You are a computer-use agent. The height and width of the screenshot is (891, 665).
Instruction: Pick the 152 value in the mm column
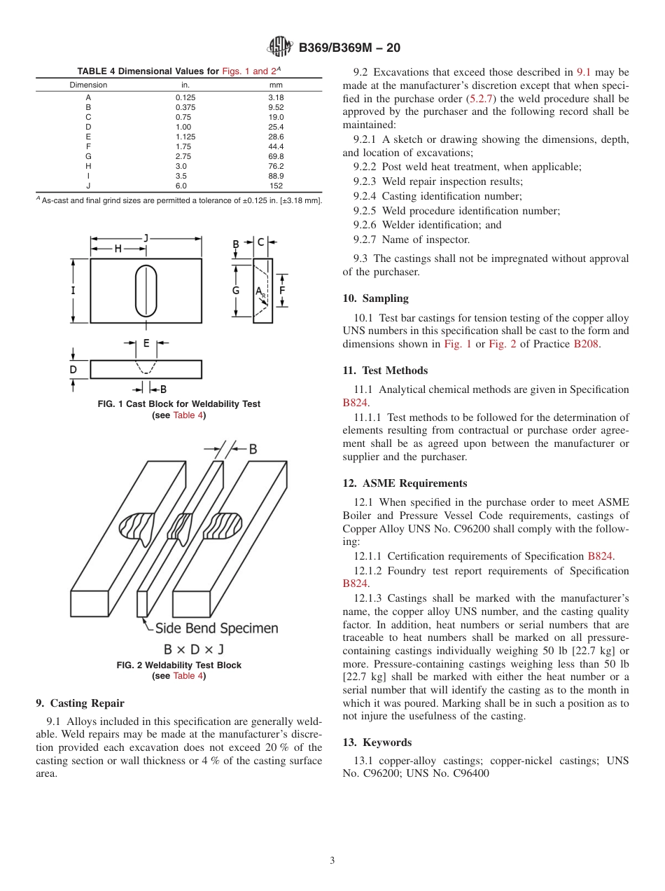pyautogui.click(x=276, y=186)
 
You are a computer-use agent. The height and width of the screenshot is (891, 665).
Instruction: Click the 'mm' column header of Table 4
pyautogui.click(x=276, y=85)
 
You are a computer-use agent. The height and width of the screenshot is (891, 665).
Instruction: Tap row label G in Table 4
pyautogui.click(x=88, y=156)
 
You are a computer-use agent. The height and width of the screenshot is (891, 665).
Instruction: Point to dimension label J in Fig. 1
pyautogui.click(x=146, y=238)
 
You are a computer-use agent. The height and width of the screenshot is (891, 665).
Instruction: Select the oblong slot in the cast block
pyautogui.click(x=146, y=291)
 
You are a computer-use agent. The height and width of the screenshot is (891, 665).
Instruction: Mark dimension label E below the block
pyautogui.click(x=146, y=343)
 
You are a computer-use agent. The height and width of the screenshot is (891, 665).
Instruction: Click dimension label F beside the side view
pyautogui.click(x=282, y=289)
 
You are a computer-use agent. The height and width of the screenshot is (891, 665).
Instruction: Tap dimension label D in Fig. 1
pyautogui.click(x=73, y=369)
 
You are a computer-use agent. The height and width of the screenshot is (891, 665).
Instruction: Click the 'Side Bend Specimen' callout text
pyautogui.click(x=216, y=628)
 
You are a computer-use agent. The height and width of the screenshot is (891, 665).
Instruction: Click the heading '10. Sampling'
pyautogui.click(x=375, y=298)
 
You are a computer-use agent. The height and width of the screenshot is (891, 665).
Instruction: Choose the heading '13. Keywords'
pyautogui.click(x=377, y=742)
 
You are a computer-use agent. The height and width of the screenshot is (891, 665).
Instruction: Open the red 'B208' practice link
pyautogui.click(x=586, y=344)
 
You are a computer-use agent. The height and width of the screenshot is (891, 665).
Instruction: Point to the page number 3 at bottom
pyautogui.click(x=332, y=860)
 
